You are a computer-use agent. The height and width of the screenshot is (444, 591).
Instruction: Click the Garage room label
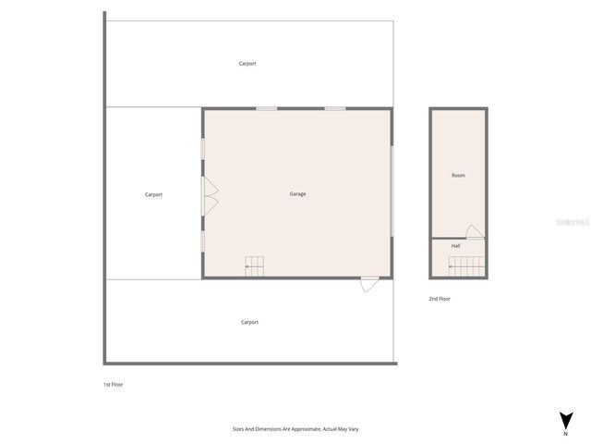click(297, 194)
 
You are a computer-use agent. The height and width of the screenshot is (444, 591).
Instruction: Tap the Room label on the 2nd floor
click(458, 175)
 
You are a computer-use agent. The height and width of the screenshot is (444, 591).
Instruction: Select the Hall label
click(456, 246)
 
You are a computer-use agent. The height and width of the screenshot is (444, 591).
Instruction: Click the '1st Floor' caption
click(113, 384)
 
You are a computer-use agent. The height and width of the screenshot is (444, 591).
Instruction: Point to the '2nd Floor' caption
click(440, 299)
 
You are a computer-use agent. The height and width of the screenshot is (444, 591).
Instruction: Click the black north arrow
click(565, 419)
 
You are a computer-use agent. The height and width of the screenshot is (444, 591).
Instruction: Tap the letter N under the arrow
click(565, 433)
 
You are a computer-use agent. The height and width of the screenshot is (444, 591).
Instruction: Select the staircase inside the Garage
click(254, 265)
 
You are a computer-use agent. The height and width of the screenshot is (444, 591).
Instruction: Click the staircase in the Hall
click(467, 266)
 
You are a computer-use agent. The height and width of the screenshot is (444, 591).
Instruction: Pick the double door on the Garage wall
click(210, 194)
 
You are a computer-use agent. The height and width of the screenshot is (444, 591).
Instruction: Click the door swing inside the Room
click(474, 231)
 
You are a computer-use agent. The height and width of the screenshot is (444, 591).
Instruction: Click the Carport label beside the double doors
click(153, 194)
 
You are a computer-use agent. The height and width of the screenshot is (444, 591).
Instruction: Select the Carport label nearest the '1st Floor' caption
click(249, 322)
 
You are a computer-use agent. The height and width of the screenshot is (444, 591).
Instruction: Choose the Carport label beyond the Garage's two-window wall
click(247, 63)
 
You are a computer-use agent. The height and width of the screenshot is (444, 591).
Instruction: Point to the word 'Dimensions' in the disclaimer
click(264, 429)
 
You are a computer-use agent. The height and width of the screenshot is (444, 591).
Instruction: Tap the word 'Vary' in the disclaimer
click(354, 429)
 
